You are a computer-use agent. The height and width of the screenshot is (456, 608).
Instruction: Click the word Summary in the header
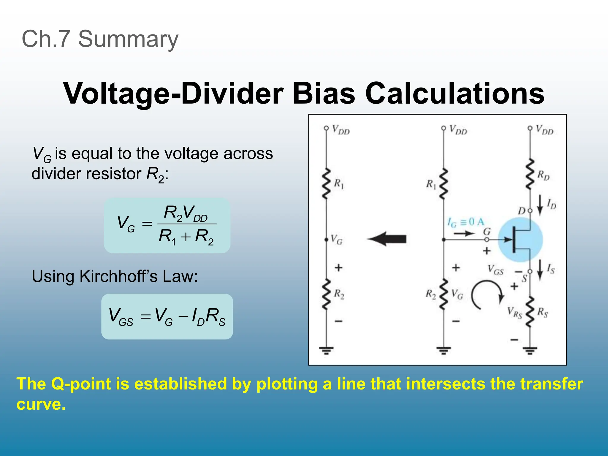point(128,39)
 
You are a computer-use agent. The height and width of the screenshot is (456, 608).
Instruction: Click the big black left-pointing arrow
point(387,239)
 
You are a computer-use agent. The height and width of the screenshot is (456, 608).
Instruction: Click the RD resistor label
point(543,175)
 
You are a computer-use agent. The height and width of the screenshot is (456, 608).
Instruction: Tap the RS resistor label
point(542,312)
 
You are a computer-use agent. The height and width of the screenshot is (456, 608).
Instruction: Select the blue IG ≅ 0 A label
point(466,222)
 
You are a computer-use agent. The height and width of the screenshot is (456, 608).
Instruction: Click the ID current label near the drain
point(551,204)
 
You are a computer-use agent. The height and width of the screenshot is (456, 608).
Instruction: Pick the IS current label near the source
point(551,269)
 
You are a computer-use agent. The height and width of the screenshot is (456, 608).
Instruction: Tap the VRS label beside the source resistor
point(514,313)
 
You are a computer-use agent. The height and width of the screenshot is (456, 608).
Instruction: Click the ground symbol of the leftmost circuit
point(326,351)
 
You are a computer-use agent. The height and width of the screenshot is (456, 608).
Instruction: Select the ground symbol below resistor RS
point(530,351)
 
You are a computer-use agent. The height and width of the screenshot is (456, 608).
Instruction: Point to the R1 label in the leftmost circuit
point(339,184)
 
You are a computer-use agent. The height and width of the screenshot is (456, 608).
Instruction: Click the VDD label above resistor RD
point(544,130)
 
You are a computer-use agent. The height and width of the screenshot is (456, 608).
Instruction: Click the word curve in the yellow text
point(41,404)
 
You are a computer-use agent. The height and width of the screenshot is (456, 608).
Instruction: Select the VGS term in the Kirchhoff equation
point(121,316)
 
